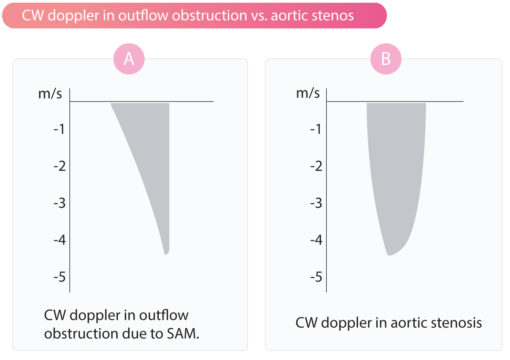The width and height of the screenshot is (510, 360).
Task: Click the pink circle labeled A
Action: pos(128,59)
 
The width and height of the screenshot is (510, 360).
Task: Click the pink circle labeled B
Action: pos(385,59)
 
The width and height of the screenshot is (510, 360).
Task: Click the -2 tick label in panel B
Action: pos(316,165)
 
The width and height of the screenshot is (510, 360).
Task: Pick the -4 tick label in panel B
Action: pos(316,239)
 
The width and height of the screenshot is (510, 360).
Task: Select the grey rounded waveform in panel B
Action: pos(396,170)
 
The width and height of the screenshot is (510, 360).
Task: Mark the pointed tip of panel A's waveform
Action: pos(166,253)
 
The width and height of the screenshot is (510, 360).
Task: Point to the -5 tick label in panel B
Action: pos(316,276)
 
